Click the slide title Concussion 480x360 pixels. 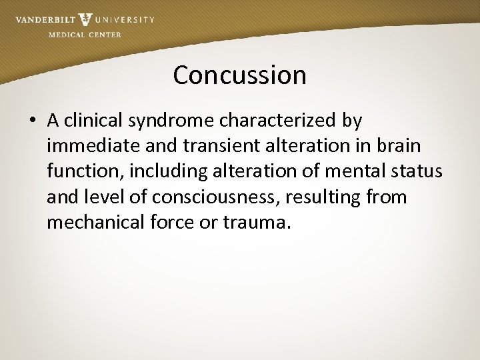tap(239, 75)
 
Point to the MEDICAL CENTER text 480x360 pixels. tap(85, 35)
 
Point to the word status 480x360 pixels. tap(417, 171)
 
